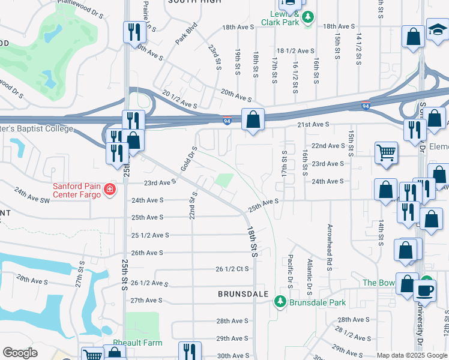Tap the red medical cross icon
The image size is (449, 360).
(x=109, y=190)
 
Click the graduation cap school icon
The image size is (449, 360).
(x=437, y=29)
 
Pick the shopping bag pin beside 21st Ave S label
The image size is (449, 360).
(x=253, y=119)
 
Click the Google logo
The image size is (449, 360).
(x=20, y=353)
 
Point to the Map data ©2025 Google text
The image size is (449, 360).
(x=411, y=355)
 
